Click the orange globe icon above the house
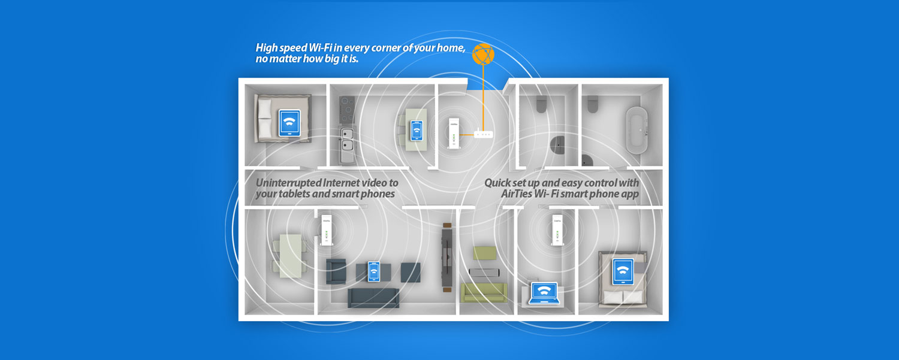tap(484, 54)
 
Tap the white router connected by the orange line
tap(483, 134)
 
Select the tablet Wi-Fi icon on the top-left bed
tap(290, 123)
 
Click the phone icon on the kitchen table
tap(416, 131)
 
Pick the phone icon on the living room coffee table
tap(374, 271)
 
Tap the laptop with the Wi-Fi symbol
tap(544, 292)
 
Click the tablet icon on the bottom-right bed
tap(623, 272)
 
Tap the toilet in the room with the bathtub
tap(593, 104)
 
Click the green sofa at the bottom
tap(484, 292)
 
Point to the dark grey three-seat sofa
tap(373, 297)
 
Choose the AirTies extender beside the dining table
tap(327, 231)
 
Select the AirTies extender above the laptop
tap(556, 231)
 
